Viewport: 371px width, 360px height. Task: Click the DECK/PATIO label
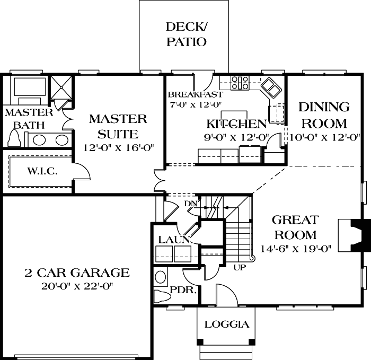coord(185,34)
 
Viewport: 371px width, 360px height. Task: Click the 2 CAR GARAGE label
coord(77,273)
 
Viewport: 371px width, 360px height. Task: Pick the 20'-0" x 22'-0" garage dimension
coord(77,286)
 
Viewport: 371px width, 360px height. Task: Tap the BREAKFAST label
coord(188,95)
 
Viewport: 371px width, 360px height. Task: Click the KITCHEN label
coord(236,124)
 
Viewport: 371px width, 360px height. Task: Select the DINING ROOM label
coord(324,115)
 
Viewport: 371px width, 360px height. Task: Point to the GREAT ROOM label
coord(295,227)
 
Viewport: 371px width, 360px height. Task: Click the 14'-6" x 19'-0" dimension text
coord(295,248)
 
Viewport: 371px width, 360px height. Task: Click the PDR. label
coord(184,291)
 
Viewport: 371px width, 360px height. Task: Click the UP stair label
coord(239,267)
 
